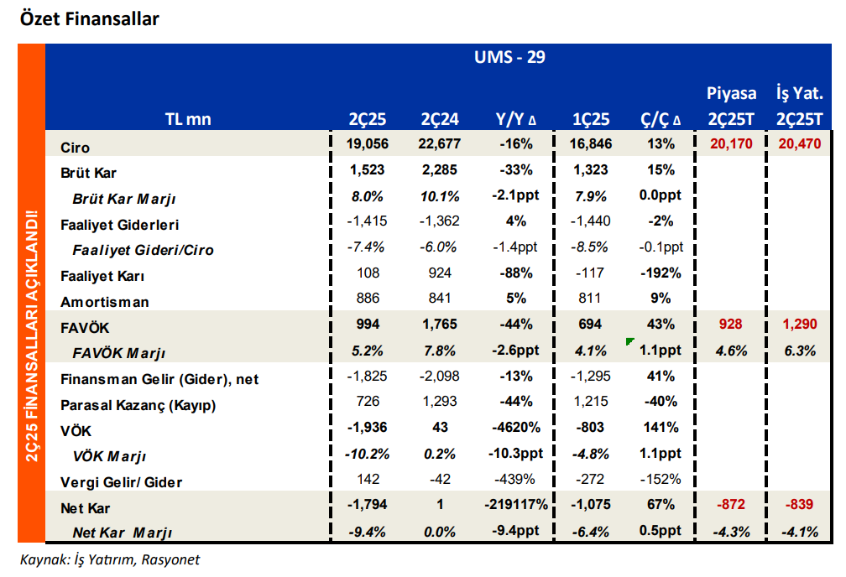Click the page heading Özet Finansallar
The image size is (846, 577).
89,18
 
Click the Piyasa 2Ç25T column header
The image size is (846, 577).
730,106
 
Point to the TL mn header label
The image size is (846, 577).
188,119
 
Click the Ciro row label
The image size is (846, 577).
75,147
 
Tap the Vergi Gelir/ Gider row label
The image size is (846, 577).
121,482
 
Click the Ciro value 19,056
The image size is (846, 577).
366,144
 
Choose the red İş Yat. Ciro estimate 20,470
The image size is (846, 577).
799,144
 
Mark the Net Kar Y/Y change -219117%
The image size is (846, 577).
516,506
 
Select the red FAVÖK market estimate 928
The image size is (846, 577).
730,325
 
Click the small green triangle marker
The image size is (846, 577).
629,341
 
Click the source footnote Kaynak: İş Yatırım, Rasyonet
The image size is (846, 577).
109,559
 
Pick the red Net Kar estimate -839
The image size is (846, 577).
799,506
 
